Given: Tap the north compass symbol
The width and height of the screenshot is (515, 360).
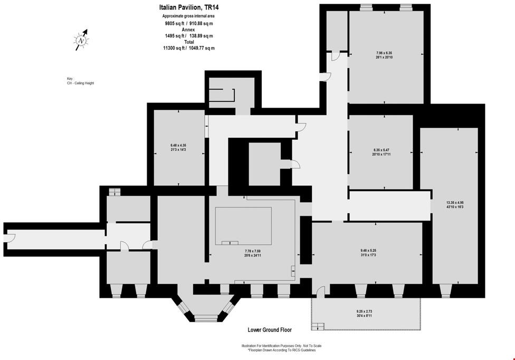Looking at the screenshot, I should (81, 40).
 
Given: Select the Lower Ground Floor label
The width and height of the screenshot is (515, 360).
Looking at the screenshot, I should (270, 330).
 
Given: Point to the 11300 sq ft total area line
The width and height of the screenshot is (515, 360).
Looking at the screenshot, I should (188, 48).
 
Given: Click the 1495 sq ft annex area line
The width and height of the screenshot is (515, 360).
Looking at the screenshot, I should (188, 36).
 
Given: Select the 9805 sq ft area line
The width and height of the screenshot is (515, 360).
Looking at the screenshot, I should (188, 23).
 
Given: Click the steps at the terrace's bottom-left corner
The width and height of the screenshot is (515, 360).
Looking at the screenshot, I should (316, 327).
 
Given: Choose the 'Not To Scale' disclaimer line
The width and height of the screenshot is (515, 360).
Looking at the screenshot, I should (281, 346).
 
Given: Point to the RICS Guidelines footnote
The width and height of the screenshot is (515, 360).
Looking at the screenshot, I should (281, 350).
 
